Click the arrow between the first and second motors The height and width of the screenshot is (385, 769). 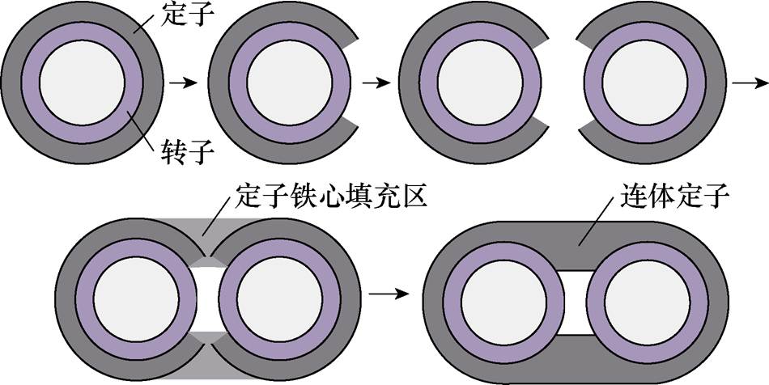(x=185, y=82)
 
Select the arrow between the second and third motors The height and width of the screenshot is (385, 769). (x=376, y=82)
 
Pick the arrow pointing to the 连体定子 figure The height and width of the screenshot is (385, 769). (x=393, y=293)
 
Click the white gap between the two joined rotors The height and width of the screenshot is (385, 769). (x=203, y=294)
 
